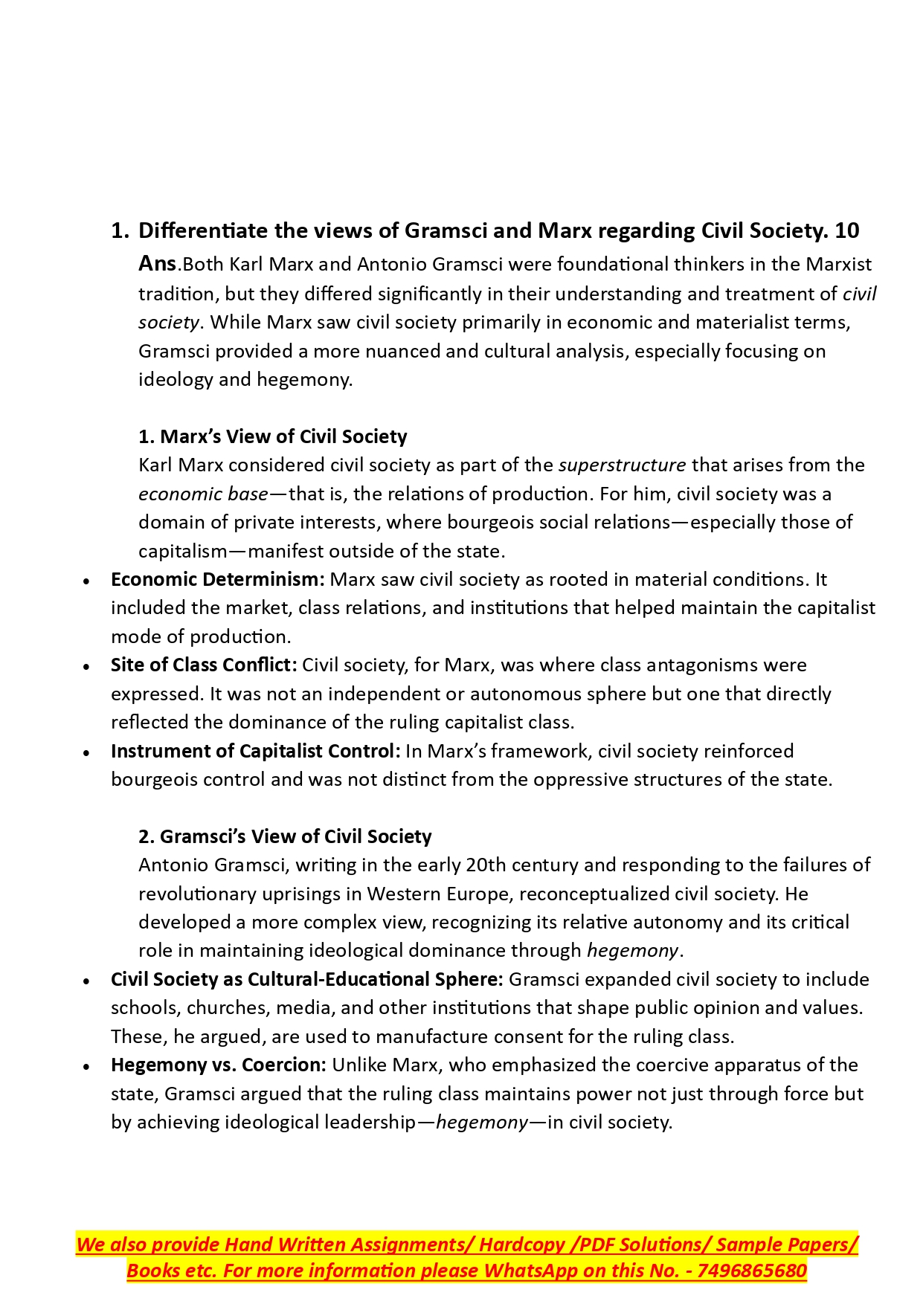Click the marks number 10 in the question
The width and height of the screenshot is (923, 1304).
[846, 230]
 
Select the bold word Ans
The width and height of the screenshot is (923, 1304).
[157, 263]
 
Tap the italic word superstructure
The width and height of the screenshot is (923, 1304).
[622, 465]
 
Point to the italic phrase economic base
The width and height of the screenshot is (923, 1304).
[203, 494]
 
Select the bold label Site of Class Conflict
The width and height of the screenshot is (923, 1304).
[204, 665]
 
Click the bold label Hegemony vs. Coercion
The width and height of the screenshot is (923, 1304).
[218, 1065]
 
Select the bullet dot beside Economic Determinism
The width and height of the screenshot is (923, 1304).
[88, 581]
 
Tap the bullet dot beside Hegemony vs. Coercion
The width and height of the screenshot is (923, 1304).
[88, 1066]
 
